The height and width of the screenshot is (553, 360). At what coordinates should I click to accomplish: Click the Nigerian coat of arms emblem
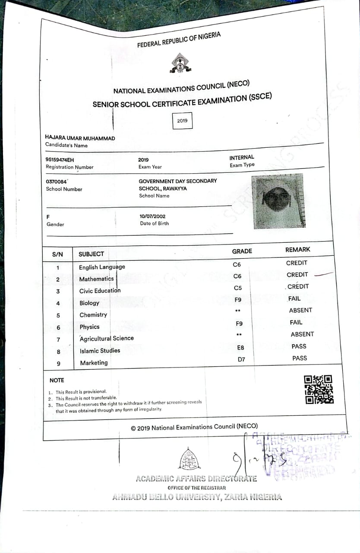coord(179,63)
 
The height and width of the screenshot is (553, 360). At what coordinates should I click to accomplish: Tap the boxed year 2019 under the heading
coord(182,121)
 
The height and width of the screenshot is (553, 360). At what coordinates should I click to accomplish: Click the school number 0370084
coord(57,181)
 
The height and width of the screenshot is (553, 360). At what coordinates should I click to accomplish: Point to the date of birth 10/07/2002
coord(152,216)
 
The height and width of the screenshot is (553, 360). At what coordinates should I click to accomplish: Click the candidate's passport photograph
coord(278,201)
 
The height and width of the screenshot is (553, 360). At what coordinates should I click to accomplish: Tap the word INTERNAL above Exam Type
coord(242,158)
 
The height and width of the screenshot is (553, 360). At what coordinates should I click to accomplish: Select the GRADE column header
coord(242,251)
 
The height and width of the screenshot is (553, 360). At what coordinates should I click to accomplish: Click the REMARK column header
coord(297,250)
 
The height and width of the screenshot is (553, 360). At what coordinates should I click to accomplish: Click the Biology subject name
coord(89,303)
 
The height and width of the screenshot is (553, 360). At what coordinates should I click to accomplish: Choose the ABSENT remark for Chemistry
coord(300,310)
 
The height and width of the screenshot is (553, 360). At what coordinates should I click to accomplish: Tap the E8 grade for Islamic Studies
coord(241,347)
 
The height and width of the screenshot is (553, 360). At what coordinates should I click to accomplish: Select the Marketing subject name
coord(94,363)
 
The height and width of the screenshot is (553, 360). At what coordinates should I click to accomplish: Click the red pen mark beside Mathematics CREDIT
coord(324,273)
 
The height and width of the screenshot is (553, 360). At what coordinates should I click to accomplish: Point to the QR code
coord(319,389)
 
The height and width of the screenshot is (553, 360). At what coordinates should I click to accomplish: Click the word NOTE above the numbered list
coord(57,380)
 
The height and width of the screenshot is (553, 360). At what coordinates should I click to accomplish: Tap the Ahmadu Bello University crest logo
coord(190,458)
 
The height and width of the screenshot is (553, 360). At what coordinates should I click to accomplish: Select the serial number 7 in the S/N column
coord(59,340)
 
